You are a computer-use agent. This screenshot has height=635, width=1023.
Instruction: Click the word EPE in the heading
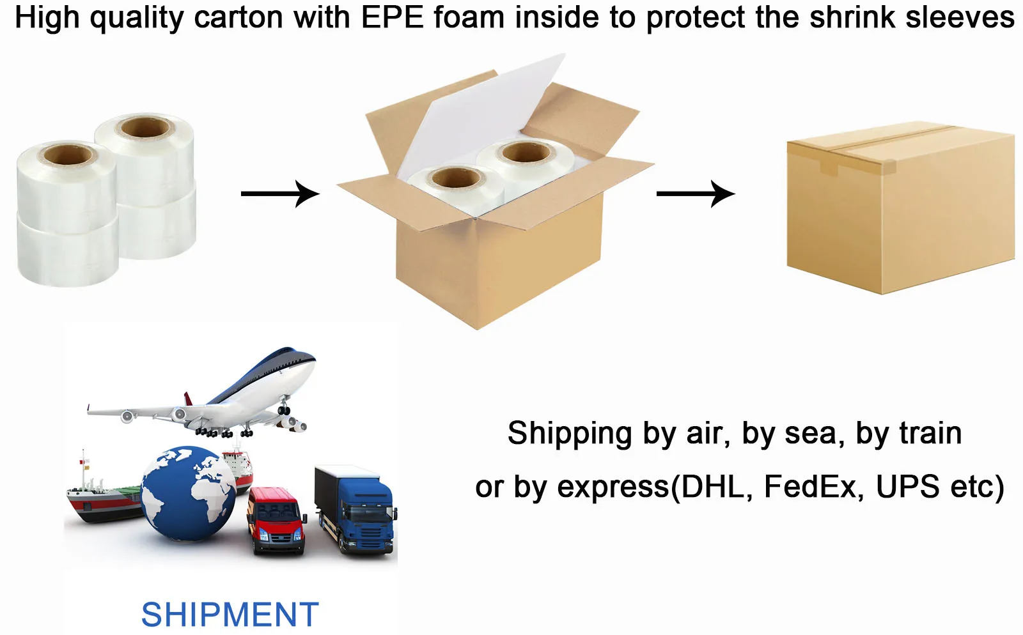[393, 18]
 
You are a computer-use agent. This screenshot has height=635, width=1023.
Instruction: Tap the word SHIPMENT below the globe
[230, 615]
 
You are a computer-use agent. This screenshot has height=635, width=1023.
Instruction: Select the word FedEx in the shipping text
[811, 487]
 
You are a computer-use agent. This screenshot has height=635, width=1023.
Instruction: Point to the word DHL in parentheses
[707, 487]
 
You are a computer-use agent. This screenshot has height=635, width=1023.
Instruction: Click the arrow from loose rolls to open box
[279, 193]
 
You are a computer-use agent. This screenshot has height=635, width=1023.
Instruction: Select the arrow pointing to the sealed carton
[695, 193]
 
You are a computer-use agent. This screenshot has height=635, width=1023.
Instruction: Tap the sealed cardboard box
[901, 211]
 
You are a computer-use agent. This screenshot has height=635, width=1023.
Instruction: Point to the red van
[276, 520]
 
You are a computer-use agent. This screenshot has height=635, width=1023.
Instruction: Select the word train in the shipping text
[930, 433]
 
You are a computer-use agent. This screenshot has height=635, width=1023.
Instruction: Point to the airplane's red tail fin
[189, 399]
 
